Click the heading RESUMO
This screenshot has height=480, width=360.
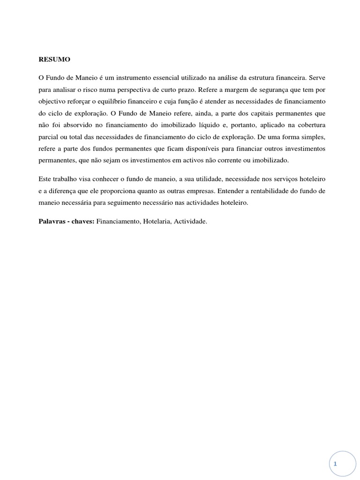(x=54, y=60)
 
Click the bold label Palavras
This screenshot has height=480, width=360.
(x=52, y=221)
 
